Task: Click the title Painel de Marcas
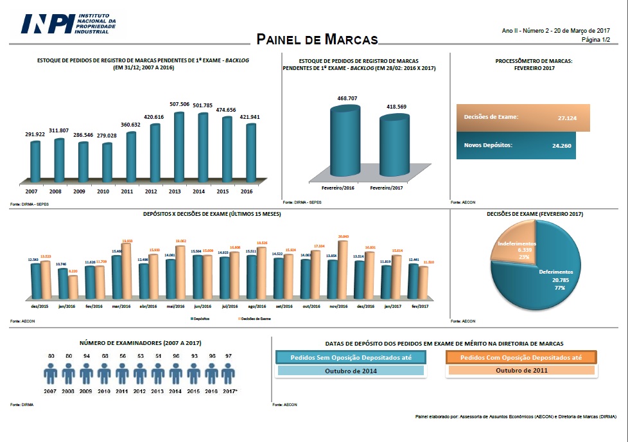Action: [317, 39]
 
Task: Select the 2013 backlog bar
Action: [179, 146]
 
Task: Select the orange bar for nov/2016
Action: [343, 269]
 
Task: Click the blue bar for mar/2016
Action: [117, 278]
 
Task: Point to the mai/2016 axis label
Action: [175, 306]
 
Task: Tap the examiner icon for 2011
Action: [122, 375]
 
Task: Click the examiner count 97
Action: [229, 355]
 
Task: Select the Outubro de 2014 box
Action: [351, 371]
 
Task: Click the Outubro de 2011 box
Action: [521, 371]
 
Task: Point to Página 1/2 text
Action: [595, 39]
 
